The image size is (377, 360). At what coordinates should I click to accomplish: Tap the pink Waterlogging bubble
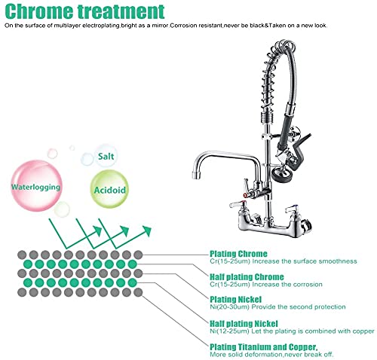coord(36,186)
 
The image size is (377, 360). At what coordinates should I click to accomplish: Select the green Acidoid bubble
coord(109,189)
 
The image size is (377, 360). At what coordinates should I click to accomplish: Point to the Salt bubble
coord(106,156)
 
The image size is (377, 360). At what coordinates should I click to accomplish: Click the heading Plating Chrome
coord(238,254)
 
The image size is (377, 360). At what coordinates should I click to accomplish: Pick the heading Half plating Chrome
coord(247,277)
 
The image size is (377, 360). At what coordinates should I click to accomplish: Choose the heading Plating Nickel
coord(236,299)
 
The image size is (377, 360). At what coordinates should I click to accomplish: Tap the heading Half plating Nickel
coord(244,323)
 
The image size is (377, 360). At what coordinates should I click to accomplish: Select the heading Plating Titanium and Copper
coord(264,347)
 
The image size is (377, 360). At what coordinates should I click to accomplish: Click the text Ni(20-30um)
coord(229,307)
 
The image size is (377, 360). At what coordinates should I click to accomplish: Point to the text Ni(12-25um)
coord(229,331)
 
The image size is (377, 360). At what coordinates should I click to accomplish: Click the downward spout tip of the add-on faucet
coord(195,175)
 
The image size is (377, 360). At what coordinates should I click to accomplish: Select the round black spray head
coord(282,174)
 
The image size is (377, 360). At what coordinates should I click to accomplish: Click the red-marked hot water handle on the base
coord(237,205)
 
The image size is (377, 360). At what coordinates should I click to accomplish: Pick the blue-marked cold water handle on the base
coord(293,207)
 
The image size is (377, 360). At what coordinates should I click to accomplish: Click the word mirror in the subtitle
coord(160,26)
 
